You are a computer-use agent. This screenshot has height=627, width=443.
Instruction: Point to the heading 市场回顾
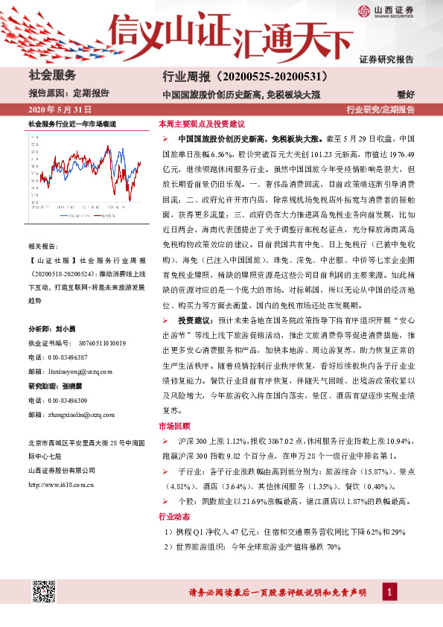coord(175,427)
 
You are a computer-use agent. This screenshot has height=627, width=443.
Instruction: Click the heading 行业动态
coord(175,516)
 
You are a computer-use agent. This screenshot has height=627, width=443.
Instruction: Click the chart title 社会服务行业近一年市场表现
coord(71,123)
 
